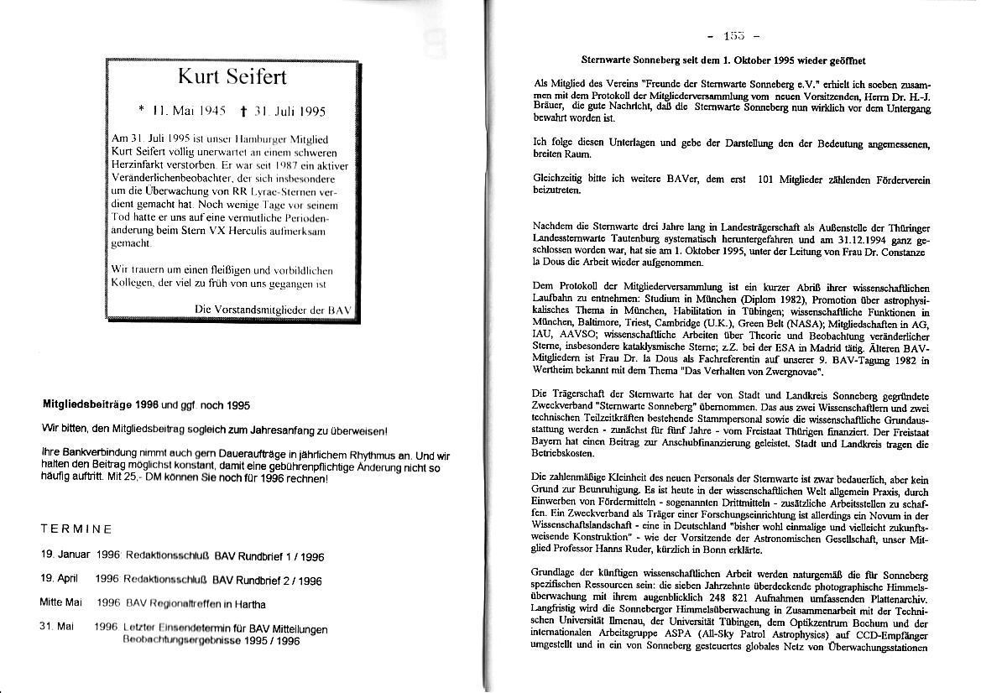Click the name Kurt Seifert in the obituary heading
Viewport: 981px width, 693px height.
tap(232, 77)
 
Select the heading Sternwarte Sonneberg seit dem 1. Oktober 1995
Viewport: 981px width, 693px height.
tap(723, 60)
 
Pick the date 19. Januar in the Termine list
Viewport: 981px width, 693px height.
tap(65, 555)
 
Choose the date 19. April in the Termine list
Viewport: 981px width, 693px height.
tap(59, 579)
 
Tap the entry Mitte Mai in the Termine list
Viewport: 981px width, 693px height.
tap(60, 602)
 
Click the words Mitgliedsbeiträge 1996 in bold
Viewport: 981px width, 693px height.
tap(101, 404)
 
